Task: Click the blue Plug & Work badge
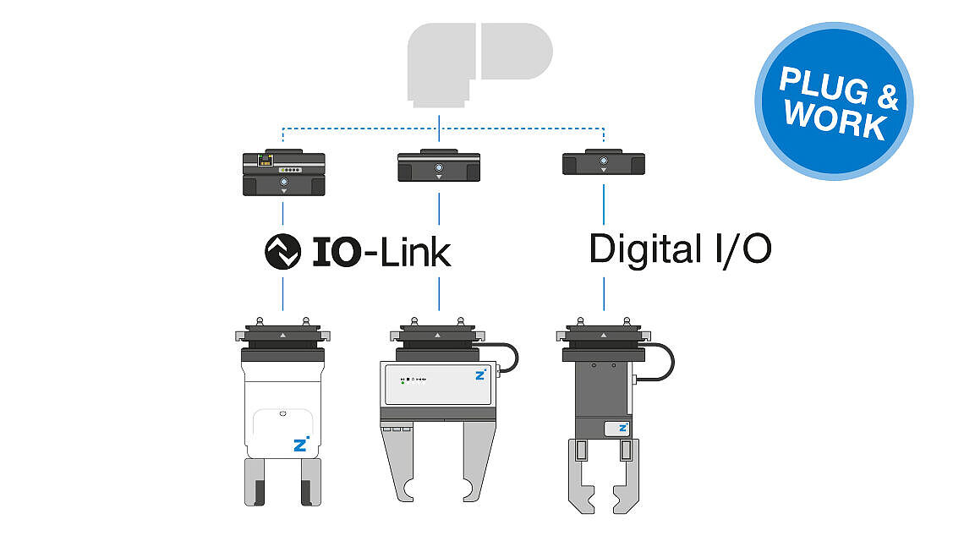click(x=834, y=101)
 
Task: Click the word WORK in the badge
click(x=835, y=119)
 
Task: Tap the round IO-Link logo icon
click(x=282, y=251)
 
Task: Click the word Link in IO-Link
click(x=416, y=252)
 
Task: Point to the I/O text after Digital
click(x=744, y=249)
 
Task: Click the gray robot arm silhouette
click(x=479, y=64)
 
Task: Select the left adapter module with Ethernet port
click(x=283, y=172)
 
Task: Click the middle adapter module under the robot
click(x=439, y=166)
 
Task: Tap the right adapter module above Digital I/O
click(x=604, y=161)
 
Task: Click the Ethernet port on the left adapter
click(x=266, y=161)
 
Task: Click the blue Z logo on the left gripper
click(x=301, y=444)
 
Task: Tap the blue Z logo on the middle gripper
click(x=480, y=374)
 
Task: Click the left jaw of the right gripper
click(x=581, y=477)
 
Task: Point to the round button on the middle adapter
click(x=439, y=168)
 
